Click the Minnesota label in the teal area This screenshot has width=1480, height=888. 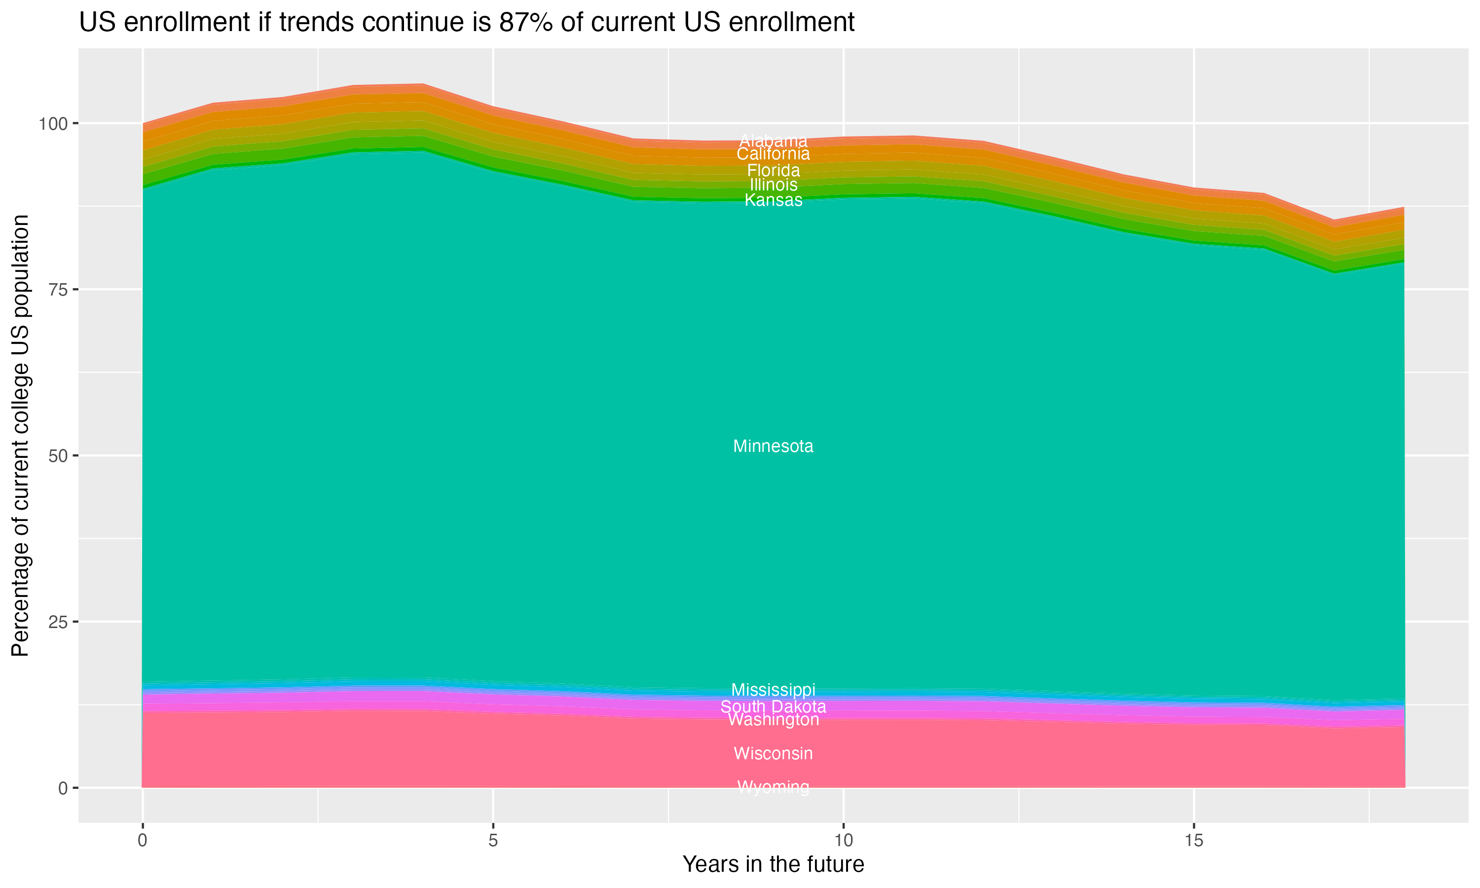(x=773, y=446)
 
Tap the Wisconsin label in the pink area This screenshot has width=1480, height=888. (x=773, y=753)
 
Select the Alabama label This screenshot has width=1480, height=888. (x=773, y=141)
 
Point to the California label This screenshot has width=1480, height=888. (x=773, y=154)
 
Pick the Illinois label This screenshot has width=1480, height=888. (x=773, y=185)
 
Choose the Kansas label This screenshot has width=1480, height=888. (x=773, y=200)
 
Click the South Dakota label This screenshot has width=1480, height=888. (x=773, y=706)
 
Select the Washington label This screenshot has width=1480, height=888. (x=773, y=720)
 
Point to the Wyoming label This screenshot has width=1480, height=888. (x=773, y=787)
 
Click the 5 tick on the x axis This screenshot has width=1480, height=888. (x=493, y=841)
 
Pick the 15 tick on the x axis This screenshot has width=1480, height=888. (x=1193, y=841)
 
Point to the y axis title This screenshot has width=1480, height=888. (x=20, y=435)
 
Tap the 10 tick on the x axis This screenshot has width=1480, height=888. (x=843, y=841)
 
